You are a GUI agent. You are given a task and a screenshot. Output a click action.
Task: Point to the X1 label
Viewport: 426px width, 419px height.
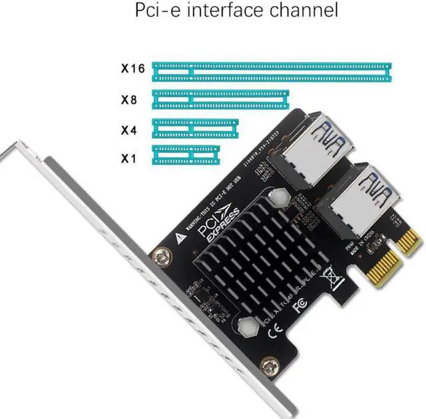(128, 159)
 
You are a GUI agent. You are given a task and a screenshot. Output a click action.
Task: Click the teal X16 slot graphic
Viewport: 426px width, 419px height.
(272, 69)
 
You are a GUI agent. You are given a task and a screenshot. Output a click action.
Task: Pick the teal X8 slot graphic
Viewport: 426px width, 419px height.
(220, 99)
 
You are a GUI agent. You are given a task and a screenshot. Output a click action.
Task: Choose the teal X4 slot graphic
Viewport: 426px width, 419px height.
(195, 127)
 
